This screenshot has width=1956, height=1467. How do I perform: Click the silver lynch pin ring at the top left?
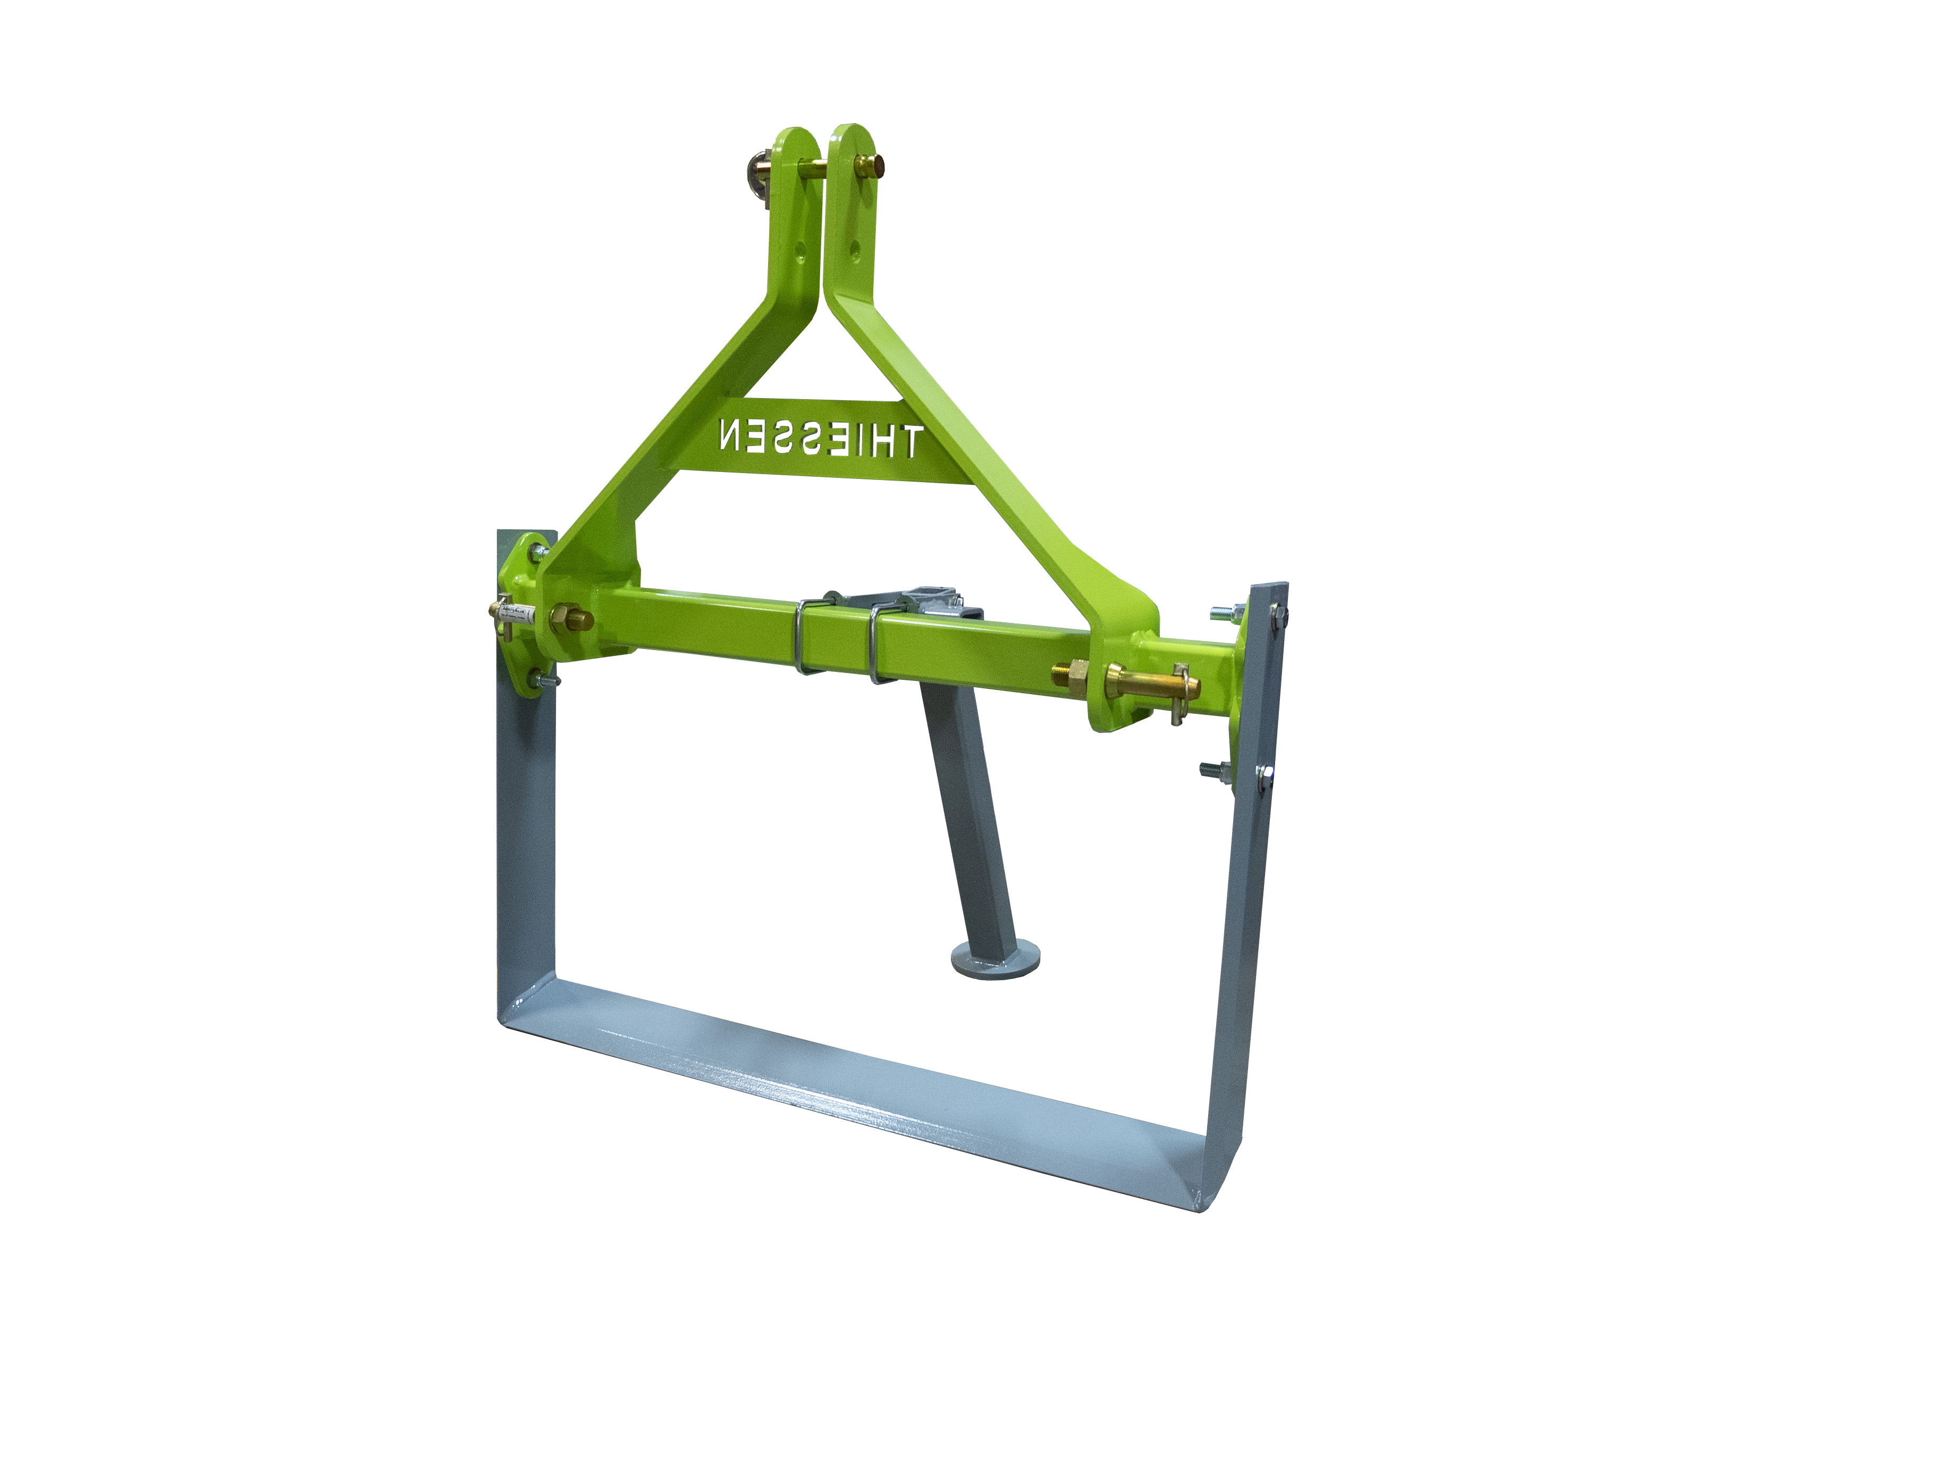758,168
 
